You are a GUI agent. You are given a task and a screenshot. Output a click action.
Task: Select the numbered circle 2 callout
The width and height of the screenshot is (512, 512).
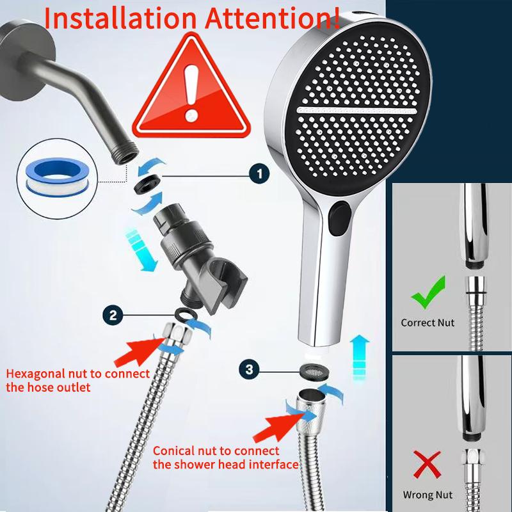tap(113, 314)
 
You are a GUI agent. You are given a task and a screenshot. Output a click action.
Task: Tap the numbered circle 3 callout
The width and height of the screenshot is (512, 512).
tap(250, 370)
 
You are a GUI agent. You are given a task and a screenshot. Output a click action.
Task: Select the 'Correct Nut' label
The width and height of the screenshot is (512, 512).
tap(428, 323)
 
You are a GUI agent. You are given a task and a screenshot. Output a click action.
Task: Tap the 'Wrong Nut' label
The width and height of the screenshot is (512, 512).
tap(428, 495)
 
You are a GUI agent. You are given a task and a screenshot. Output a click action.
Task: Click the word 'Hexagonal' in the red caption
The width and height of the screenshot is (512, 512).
tap(36, 374)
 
